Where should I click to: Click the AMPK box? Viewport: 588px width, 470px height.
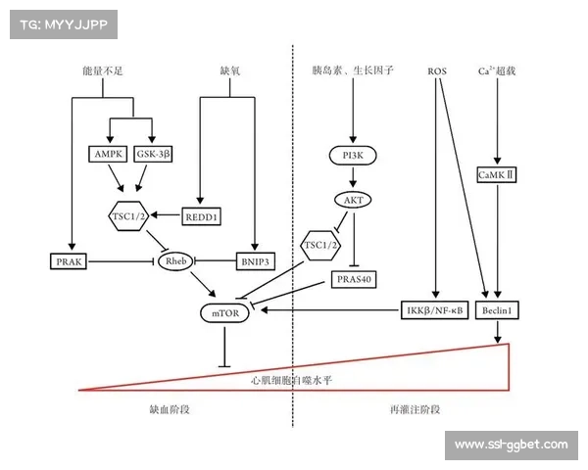[x=108, y=155]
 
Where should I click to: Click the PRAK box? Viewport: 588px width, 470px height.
[x=69, y=261]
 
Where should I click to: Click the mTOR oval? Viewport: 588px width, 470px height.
[x=224, y=312]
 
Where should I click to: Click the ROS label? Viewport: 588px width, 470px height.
[x=438, y=72]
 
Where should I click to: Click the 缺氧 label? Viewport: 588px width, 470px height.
[x=230, y=72]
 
